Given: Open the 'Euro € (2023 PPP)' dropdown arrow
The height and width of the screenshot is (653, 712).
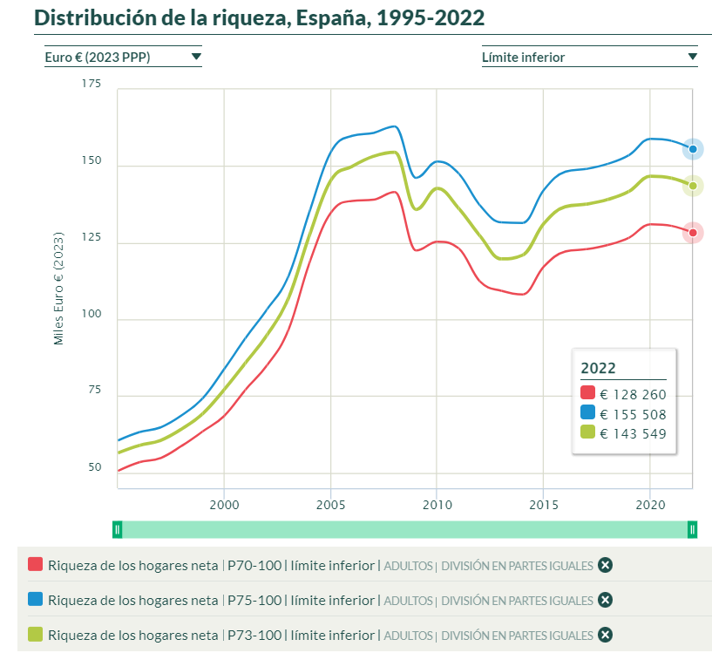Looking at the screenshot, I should coord(196,57).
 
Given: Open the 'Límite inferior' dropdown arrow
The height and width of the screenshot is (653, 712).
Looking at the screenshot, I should coord(692,57).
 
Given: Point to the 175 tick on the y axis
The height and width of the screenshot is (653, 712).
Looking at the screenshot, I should coord(91,84).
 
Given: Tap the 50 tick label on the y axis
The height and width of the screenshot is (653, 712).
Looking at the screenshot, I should coord(93,468).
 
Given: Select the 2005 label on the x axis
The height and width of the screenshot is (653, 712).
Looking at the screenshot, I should coord(330,505).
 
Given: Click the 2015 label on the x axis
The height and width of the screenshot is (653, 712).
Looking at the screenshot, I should coord(543,505).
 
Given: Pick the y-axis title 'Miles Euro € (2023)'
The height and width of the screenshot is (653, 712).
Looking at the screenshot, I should coord(59,289).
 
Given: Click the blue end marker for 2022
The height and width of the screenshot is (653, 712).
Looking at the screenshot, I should coord(693,149).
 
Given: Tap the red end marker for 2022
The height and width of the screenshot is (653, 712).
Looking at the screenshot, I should coord(693,233).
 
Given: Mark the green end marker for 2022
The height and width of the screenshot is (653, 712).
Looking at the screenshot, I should coord(693,186).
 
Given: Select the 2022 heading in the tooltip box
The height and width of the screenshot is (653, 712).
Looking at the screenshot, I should coord(598,368).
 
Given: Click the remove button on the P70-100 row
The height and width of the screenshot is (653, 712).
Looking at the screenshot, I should coord(606,565).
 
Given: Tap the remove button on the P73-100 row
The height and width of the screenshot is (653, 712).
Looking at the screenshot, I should coord(606,635).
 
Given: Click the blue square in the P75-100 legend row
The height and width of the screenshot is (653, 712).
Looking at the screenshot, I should coord(36,600).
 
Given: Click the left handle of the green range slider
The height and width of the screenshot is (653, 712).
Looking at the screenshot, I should coord(118,529).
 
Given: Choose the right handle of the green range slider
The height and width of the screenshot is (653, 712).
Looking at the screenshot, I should coord(692,529).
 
